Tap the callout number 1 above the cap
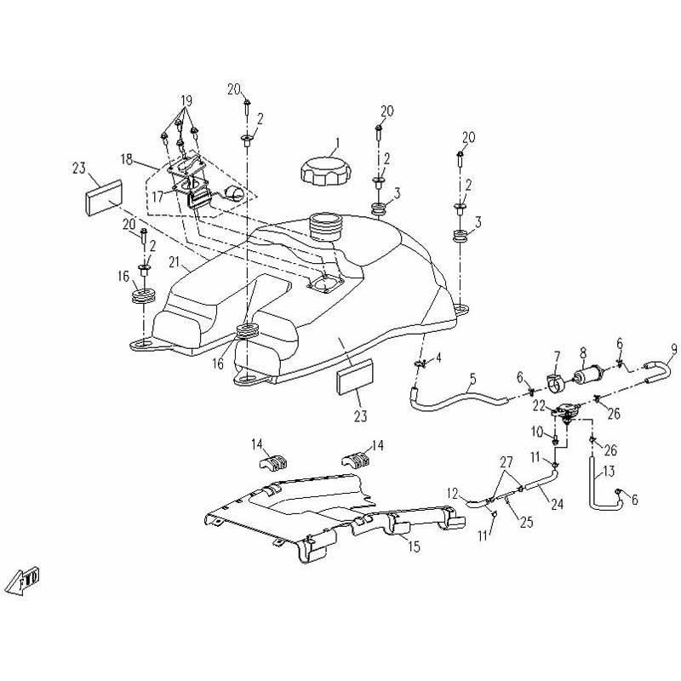pyautogui.click(x=336, y=143)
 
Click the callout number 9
pyautogui.click(x=673, y=348)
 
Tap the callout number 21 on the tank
pyautogui.click(x=173, y=260)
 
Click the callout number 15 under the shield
pyautogui.click(x=413, y=547)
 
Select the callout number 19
pyautogui.click(x=186, y=100)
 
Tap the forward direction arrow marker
pyautogui.click(x=25, y=581)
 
